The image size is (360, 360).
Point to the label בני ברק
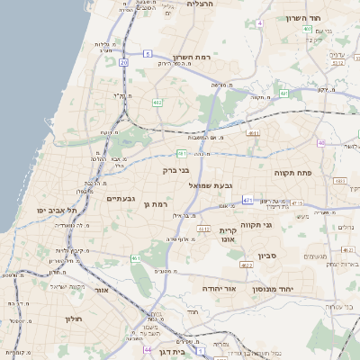[x=176, y=169]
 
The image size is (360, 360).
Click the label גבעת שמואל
[x=211, y=184]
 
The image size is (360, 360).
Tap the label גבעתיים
[x=121, y=198]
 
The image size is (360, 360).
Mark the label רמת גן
[x=156, y=205]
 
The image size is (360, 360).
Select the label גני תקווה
[x=256, y=225]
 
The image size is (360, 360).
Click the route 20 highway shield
[x=123, y=63]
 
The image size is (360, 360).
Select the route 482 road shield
[x=157, y=103]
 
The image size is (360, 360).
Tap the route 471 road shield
[x=247, y=201]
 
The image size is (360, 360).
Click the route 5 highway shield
[x=260, y=22]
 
